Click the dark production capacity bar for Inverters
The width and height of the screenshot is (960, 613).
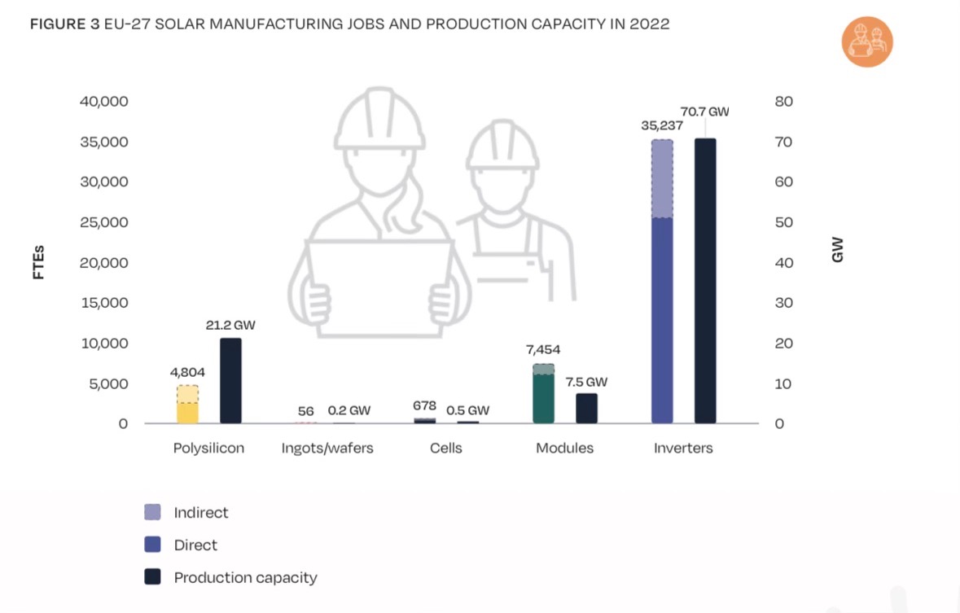coord(705,281)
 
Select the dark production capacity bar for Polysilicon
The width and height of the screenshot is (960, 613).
coord(230,380)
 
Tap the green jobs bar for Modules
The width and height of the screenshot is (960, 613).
coord(544,398)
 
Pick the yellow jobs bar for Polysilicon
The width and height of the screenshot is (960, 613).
coord(187,412)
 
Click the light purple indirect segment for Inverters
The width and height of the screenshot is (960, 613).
coord(663,179)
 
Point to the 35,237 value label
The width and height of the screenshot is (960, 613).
coord(662,126)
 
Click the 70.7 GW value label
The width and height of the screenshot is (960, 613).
coord(704,112)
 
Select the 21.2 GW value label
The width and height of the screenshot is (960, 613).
coord(230,325)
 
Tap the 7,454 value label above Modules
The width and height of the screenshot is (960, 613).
coord(544,350)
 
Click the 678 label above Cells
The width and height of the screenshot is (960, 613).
coord(424,405)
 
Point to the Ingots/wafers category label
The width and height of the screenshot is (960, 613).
coord(327,449)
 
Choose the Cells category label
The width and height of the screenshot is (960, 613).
coord(446,449)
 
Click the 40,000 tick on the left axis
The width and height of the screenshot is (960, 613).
coord(104,102)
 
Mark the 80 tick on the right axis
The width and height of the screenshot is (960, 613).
coord(784,102)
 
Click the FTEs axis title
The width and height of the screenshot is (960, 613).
coord(38,262)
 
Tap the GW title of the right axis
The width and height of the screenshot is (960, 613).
coord(838,250)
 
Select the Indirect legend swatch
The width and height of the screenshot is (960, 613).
coord(152,512)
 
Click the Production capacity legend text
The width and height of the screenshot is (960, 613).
coord(245,578)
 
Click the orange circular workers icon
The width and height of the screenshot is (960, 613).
coord(867,42)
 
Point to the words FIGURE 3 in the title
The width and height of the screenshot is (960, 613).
coord(64,24)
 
